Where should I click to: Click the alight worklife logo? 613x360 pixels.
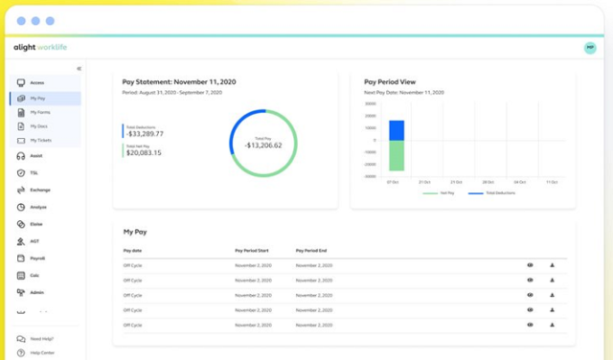40,47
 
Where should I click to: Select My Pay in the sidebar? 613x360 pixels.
38,98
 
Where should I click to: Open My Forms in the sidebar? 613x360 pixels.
39,112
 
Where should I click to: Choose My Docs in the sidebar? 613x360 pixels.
38,125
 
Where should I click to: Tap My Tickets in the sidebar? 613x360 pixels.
40,140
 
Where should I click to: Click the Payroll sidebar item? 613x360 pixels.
37,259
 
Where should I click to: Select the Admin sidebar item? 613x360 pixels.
36,292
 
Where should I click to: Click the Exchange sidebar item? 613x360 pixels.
39,190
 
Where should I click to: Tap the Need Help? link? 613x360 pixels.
41,339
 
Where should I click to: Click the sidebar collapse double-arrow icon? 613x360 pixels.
79,68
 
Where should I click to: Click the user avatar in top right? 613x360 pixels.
589,48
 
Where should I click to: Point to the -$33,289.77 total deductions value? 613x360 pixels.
145,133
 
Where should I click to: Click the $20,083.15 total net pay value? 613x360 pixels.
144,152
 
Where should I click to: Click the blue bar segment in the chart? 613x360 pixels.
397,130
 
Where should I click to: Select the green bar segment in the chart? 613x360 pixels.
397,156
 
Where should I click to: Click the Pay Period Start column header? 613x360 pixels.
254,250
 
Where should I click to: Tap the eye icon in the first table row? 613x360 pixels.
530,264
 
